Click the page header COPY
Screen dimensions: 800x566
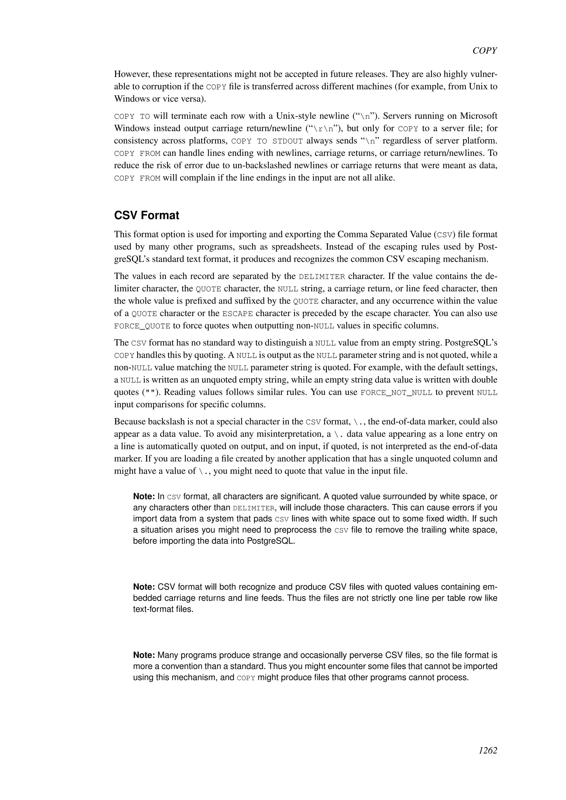(484, 51)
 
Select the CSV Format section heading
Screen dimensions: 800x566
(146, 215)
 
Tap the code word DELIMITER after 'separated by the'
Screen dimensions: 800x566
(322, 277)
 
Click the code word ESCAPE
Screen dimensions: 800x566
(237, 314)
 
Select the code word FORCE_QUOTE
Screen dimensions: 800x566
(142, 326)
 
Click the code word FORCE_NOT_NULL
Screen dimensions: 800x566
(396, 393)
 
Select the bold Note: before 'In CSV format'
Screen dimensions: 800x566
(144, 496)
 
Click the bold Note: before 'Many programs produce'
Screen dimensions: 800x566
(144, 655)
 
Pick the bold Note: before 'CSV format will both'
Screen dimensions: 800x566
(144, 587)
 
